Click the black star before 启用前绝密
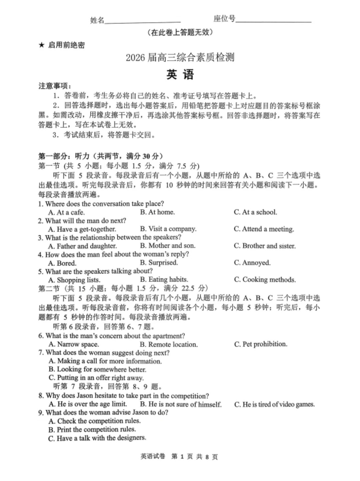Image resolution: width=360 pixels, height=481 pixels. click(41, 45)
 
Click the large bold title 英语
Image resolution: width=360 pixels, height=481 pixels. click(180, 74)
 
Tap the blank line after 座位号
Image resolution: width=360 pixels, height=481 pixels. click(273, 21)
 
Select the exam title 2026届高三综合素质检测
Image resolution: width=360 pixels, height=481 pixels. click(180, 58)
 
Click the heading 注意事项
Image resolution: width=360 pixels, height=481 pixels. click(55, 86)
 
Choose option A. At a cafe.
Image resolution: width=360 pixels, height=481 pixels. click(66, 212)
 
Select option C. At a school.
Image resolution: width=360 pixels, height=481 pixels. click(255, 212)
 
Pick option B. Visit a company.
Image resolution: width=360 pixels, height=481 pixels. click(168, 229)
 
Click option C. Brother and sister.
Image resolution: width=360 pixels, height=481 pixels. click(265, 246)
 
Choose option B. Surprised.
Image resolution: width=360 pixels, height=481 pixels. click(159, 263)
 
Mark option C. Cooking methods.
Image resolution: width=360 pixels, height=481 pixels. click(265, 280)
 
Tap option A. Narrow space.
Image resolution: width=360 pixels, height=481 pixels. click(73, 344)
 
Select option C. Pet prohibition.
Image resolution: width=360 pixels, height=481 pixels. click(260, 344)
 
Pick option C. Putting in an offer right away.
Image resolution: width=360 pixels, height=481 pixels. click(96, 378)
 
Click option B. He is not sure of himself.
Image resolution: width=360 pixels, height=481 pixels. click(181, 404)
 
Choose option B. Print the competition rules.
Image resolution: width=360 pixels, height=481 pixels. click(92, 430)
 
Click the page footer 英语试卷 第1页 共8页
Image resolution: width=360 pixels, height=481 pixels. click(179, 457)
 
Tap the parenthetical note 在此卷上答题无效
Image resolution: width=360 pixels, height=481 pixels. click(180, 32)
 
